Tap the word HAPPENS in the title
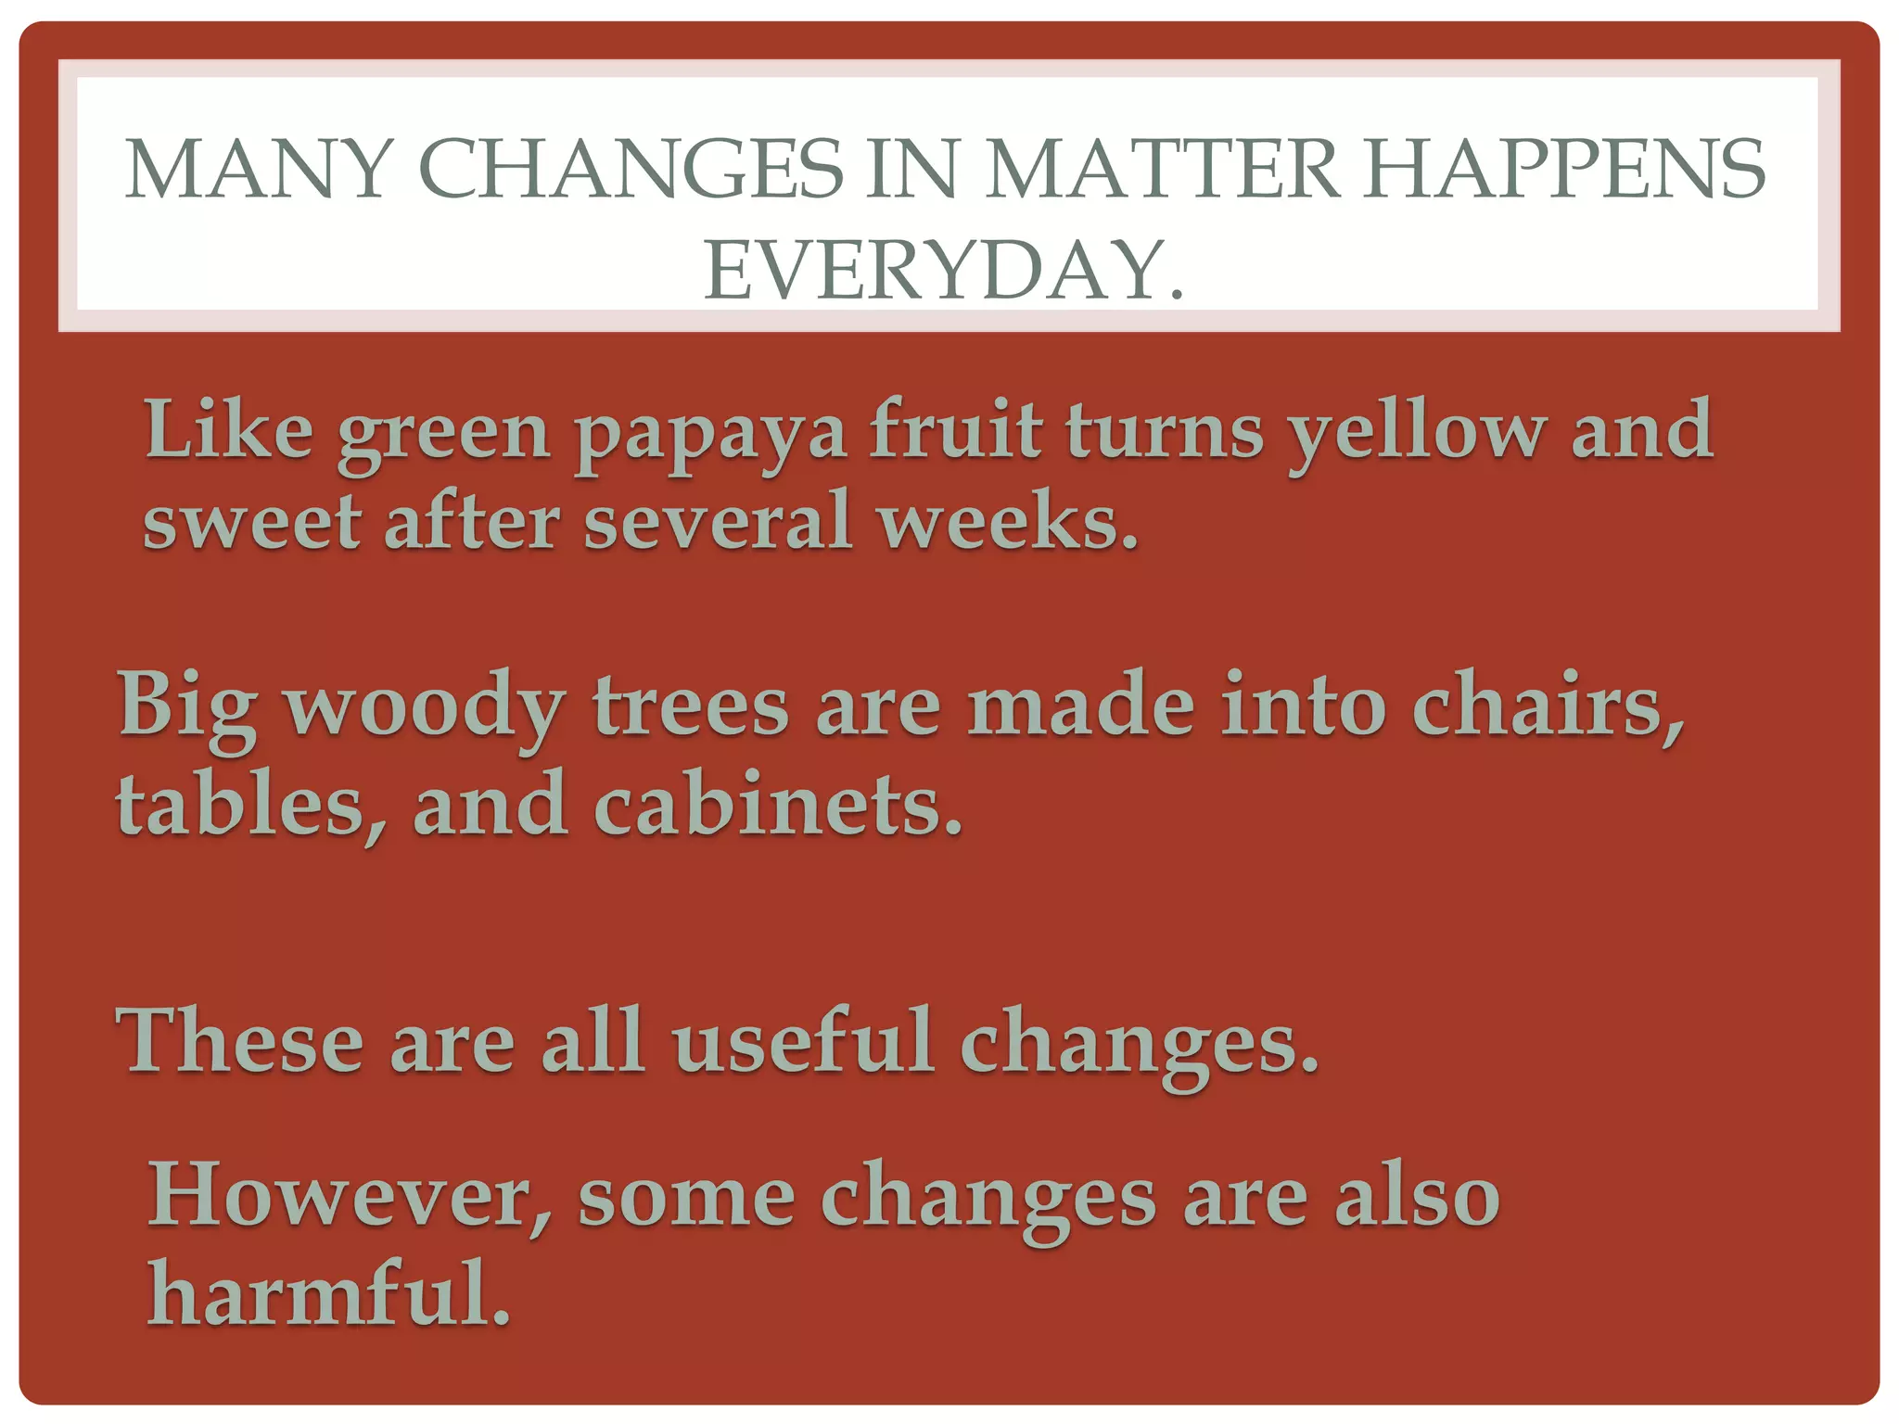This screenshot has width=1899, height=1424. [x=1565, y=170]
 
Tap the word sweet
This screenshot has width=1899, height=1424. [x=251, y=521]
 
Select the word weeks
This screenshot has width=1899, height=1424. [x=1008, y=521]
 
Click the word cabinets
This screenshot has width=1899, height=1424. [x=778, y=803]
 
